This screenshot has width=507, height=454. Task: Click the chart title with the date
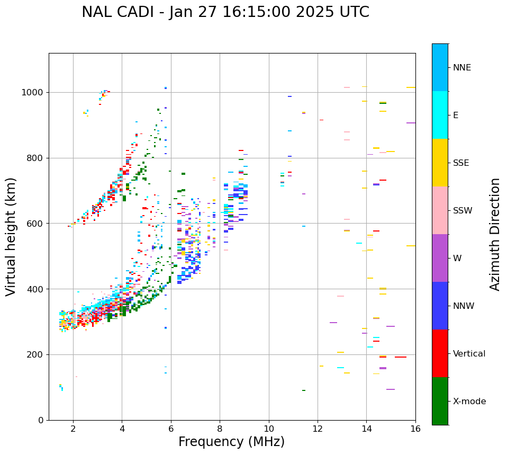225,12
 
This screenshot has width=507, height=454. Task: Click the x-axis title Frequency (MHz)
231,442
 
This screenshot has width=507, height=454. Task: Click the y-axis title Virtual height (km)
11,237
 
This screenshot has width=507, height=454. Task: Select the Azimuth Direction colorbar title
495,234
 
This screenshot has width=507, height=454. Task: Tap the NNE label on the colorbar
461,68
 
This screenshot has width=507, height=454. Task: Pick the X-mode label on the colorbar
469,402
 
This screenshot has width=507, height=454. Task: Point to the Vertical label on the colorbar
469,354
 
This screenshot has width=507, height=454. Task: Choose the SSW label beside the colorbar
463,211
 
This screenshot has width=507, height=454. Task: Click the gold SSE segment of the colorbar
440,163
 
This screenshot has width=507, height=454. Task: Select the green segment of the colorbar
440,401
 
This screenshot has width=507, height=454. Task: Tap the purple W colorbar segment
440,258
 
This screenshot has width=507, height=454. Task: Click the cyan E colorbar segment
440,115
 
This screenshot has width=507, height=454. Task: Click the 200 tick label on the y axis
36,354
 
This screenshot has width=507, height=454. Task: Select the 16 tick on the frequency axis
415,429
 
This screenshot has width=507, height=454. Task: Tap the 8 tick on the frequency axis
220,429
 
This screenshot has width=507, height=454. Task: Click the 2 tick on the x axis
73,429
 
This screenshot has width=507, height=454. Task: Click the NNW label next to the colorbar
464,306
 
